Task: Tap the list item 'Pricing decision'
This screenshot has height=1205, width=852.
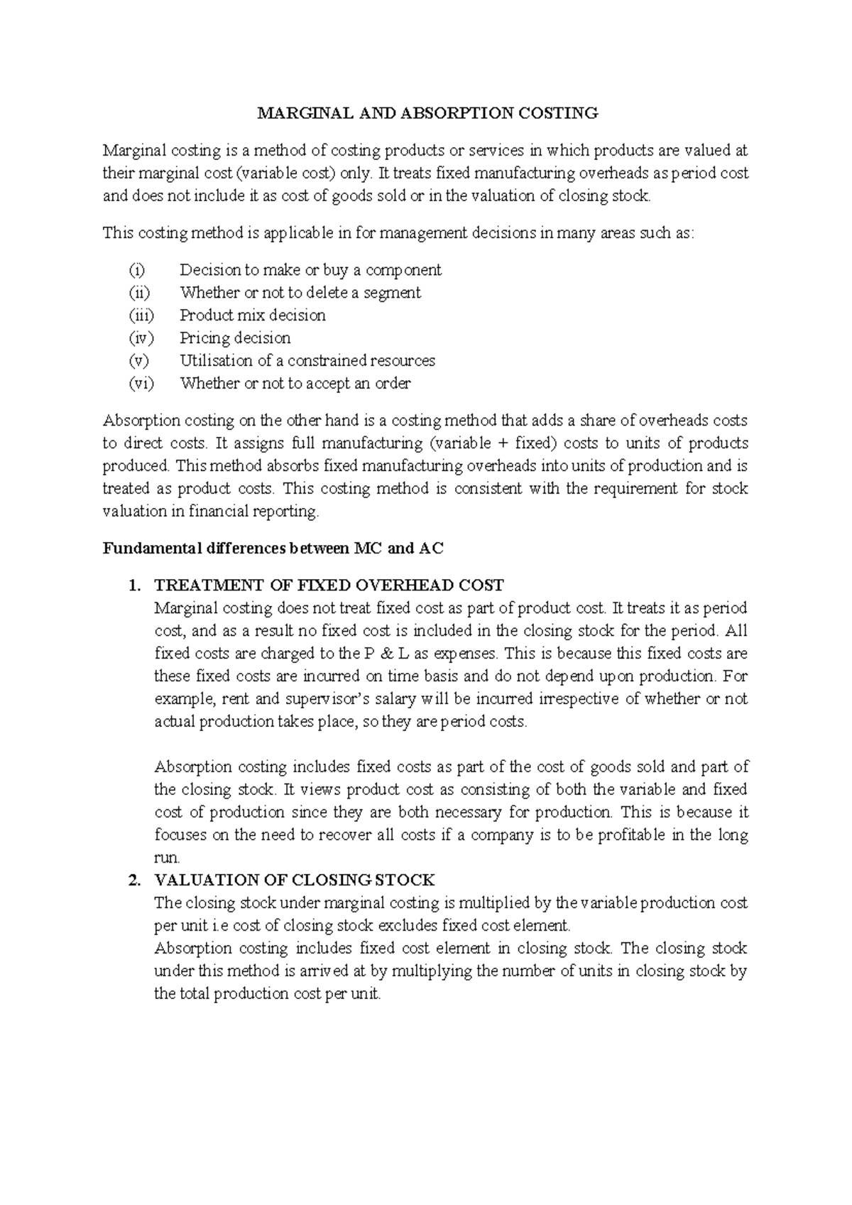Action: (x=235, y=338)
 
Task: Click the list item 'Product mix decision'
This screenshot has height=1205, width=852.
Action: (x=253, y=315)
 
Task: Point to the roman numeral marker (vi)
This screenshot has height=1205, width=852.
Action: (x=141, y=384)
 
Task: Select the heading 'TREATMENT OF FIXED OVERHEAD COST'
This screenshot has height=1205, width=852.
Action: (x=329, y=585)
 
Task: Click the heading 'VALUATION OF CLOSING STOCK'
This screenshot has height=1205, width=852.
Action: (x=294, y=880)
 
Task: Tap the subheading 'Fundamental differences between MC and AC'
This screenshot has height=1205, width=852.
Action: (x=273, y=549)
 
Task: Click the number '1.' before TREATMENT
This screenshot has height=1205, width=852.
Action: (x=133, y=585)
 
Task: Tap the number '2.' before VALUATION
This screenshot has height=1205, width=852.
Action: (x=133, y=880)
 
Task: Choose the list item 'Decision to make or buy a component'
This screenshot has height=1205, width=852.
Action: (x=310, y=270)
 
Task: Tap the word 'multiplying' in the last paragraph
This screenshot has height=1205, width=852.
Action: (x=432, y=971)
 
